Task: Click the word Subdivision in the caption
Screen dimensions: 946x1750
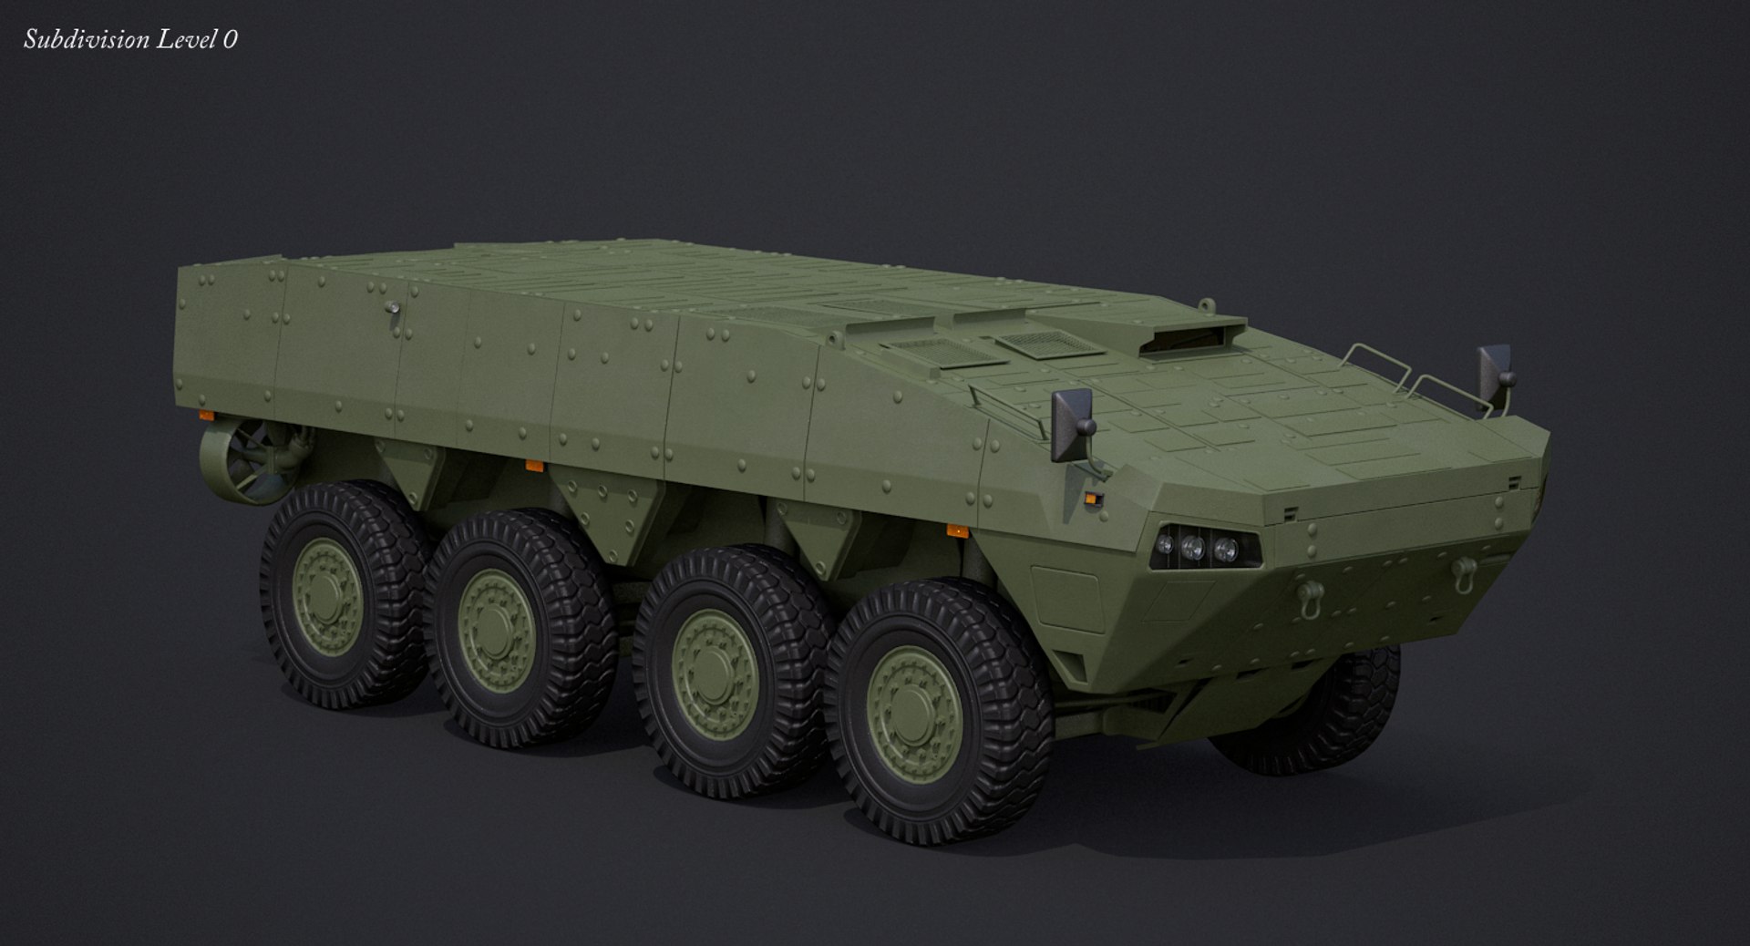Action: tap(74, 39)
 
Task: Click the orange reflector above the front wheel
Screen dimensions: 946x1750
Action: tap(955, 530)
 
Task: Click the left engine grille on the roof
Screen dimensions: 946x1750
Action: tap(928, 353)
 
